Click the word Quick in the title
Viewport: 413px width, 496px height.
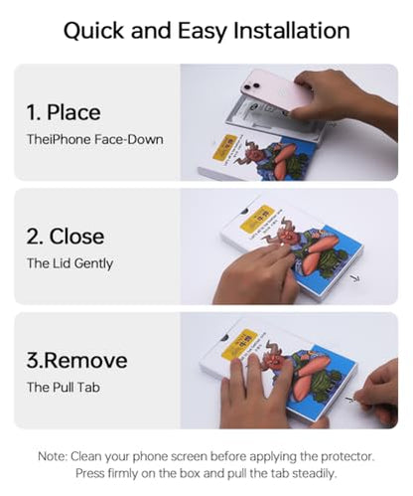[x=94, y=31]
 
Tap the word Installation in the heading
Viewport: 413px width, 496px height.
[x=292, y=31]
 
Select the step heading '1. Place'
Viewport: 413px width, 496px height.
[x=64, y=112]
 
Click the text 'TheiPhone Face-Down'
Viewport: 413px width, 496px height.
[x=95, y=139]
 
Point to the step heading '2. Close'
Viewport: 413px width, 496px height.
[x=66, y=237]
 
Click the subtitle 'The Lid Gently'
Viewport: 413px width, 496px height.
[x=69, y=263]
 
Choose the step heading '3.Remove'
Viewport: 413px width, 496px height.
[x=76, y=361]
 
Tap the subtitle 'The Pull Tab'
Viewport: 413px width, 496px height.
[x=64, y=388]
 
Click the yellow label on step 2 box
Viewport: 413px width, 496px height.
[x=257, y=219]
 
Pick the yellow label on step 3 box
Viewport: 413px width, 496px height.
[x=239, y=344]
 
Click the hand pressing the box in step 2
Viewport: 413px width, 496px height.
[x=255, y=275]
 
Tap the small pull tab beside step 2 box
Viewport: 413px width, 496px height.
[x=355, y=279]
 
